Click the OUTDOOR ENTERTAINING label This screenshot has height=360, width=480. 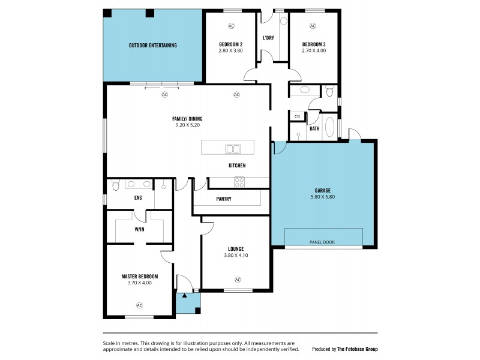point(152,46)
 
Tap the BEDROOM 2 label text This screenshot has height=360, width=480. point(230,45)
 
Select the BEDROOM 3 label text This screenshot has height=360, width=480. point(313,45)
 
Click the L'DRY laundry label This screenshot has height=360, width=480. point(269,38)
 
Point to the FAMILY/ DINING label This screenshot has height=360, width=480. point(187,119)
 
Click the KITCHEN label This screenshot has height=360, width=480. point(236,166)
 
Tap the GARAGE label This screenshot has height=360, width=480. point(321,190)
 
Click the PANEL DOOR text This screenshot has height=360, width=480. point(322,242)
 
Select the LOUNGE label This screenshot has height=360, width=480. point(236,248)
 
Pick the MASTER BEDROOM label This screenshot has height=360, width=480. point(139,276)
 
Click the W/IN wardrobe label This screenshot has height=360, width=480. point(139,229)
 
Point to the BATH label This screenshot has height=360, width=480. point(314,128)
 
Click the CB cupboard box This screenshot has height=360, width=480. point(297,116)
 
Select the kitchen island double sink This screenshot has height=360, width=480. point(232,148)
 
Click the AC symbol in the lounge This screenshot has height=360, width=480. point(238,279)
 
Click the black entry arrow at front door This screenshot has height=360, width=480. point(185,295)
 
